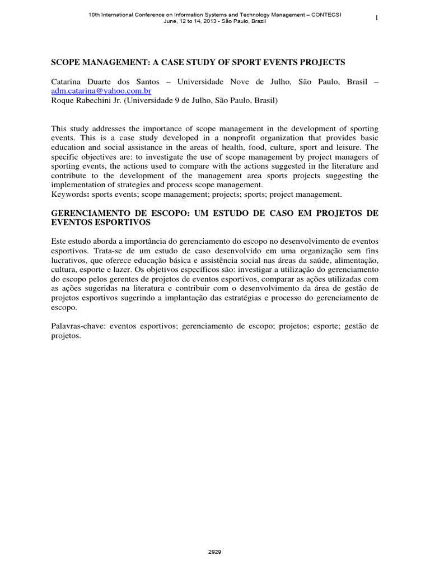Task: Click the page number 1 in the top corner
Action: [x=377, y=17]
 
